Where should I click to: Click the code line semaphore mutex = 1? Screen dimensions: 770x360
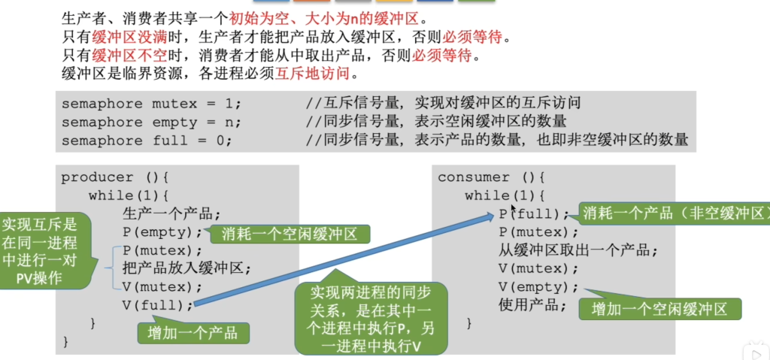point(152,104)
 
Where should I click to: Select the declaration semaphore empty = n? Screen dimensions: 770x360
point(152,122)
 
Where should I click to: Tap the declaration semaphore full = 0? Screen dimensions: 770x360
point(147,141)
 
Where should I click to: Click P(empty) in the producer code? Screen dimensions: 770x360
point(162,231)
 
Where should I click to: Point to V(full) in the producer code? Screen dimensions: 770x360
point(158,305)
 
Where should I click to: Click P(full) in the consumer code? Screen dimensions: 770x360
point(534,213)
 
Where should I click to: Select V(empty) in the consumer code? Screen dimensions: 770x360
point(538,287)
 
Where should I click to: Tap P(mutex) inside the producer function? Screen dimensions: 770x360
point(162,250)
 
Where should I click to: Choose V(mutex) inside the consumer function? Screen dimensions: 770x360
point(538,268)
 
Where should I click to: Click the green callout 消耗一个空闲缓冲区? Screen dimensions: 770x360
point(290,234)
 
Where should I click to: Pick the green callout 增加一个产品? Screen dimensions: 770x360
point(193,333)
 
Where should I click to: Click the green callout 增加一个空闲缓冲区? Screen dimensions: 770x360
point(659,309)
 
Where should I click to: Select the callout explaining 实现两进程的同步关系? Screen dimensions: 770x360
point(371,319)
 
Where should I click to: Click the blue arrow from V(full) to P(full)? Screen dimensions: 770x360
point(344,260)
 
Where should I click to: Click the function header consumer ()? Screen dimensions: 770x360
point(492,177)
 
